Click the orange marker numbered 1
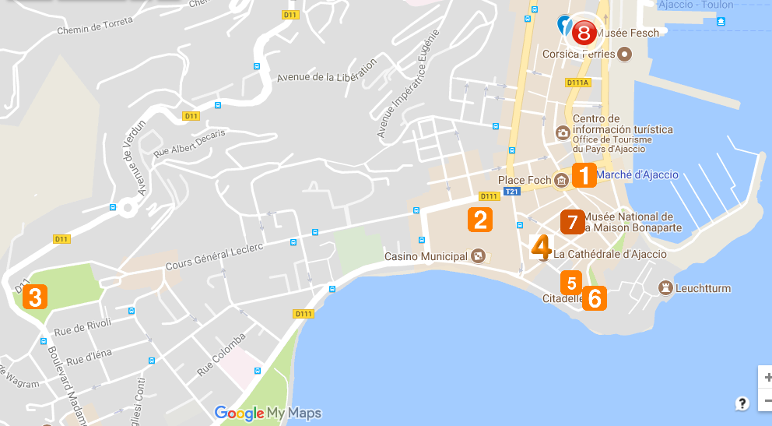(x=584, y=175)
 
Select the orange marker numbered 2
(x=480, y=220)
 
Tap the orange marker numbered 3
(x=35, y=297)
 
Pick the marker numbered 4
(x=541, y=246)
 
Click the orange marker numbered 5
(x=572, y=282)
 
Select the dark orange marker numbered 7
(x=572, y=222)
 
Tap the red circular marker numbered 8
(x=584, y=32)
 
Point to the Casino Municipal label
(x=426, y=256)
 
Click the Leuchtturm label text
(x=703, y=289)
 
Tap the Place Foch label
(x=525, y=181)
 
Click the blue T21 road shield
(x=511, y=192)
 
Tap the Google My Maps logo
(x=268, y=413)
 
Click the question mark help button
(x=742, y=403)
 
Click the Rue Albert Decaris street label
(x=189, y=143)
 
